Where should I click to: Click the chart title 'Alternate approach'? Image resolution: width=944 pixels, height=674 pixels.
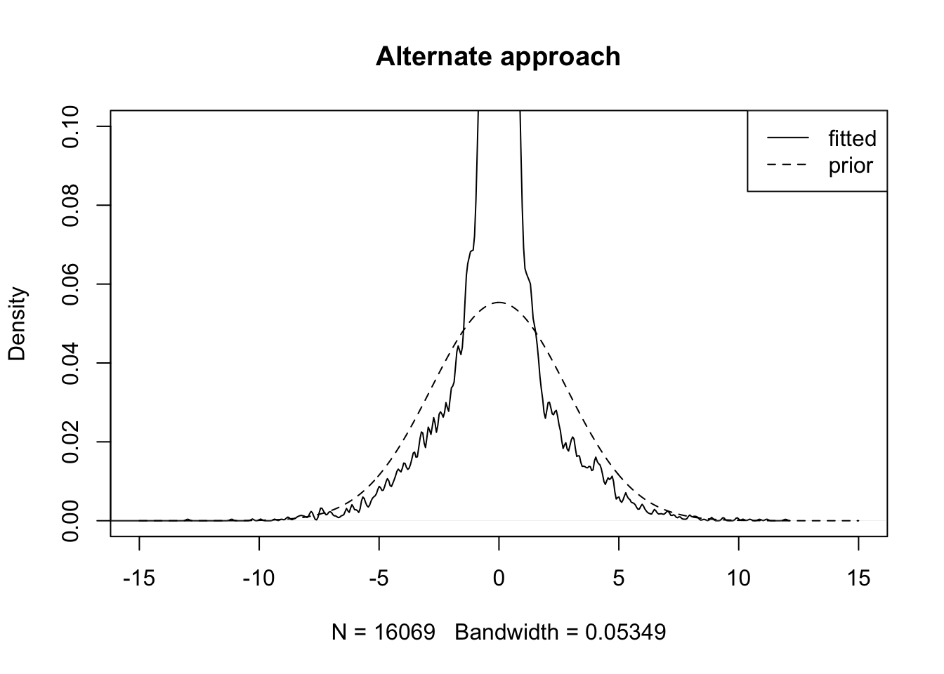498,56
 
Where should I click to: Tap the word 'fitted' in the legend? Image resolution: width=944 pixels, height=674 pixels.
852,138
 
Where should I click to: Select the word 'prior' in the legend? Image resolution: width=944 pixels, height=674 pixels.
850,166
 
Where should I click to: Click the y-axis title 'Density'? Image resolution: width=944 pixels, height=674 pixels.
17,323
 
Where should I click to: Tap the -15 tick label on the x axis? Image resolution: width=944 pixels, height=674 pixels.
139,579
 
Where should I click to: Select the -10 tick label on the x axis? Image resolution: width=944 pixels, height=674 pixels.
258,579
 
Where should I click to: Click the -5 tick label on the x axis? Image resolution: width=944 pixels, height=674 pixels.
379,579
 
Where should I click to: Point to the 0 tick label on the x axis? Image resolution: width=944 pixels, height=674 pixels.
499,579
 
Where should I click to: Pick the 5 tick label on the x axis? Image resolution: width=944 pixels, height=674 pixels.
619,579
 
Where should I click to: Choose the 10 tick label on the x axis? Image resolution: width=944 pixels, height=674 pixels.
738,579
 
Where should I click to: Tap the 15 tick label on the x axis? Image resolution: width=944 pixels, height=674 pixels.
858,579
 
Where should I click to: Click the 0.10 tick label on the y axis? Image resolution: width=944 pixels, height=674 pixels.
71,126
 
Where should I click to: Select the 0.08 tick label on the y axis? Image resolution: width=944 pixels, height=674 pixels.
71,205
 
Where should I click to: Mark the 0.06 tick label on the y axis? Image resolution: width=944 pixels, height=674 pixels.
71,284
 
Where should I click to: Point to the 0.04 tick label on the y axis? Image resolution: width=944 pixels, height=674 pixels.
71,363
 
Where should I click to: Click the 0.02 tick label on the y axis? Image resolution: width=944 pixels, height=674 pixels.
71,442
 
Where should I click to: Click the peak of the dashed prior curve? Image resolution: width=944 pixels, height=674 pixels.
499,303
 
